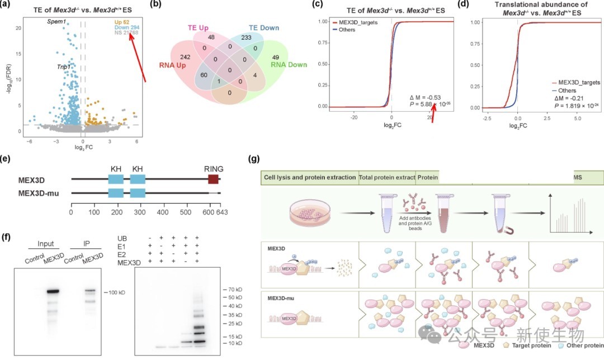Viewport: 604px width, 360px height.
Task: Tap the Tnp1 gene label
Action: pyautogui.click(x=63, y=67)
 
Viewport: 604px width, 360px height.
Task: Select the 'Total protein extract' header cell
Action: pyautogui.click(x=386, y=177)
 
